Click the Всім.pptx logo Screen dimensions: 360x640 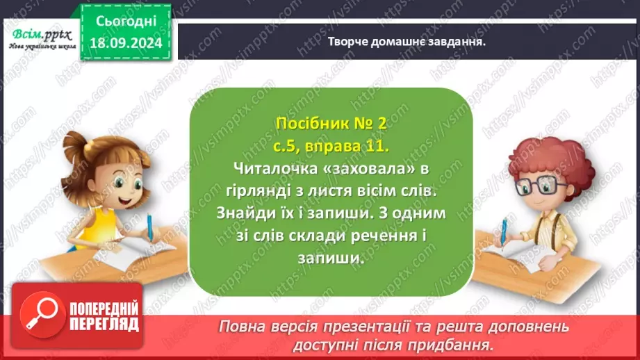(x=40, y=37)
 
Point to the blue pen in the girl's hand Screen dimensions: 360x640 (x=149, y=226)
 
